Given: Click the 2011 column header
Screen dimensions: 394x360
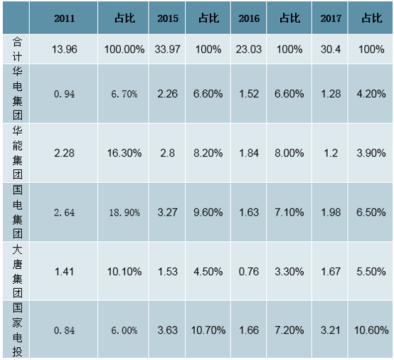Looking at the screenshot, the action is click(x=64, y=18).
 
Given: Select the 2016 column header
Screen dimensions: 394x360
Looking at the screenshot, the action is click(x=249, y=18).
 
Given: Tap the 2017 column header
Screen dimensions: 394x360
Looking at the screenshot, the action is click(x=331, y=18).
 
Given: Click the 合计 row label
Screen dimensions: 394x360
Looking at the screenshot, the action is click(x=17, y=49).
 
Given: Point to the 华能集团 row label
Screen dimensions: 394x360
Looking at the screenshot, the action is click(x=17, y=152).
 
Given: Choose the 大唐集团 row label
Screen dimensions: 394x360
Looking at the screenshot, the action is click(x=17, y=271).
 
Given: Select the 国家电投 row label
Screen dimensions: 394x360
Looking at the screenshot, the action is click(x=17, y=329).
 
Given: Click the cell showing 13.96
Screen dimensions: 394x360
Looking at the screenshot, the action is click(x=64, y=49).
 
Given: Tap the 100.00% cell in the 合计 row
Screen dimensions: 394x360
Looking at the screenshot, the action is click(x=124, y=49).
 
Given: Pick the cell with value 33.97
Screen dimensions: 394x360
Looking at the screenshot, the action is click(x=167, y=49).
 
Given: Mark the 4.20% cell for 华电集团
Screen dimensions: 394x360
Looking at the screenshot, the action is click(x=371, y=94).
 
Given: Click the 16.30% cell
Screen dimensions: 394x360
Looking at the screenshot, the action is click(x=124, y=153).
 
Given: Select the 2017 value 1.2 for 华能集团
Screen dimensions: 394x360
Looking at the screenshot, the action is click(x=331, y=153).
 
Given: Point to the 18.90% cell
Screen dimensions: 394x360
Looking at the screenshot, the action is click(x=124, y=213).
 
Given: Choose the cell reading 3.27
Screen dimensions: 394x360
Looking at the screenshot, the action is click(x=167, y=213).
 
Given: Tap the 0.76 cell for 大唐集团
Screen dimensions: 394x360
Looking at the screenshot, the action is click(x=249, y=272).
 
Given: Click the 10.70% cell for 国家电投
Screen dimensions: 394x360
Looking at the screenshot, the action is click(x=208, y=330).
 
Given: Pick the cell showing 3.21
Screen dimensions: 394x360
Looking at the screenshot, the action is click(x=331, y=330).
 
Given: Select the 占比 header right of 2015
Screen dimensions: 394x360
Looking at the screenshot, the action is click(x=208, y=18).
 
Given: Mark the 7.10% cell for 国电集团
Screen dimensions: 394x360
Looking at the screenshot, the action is click(x=289, y=213).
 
